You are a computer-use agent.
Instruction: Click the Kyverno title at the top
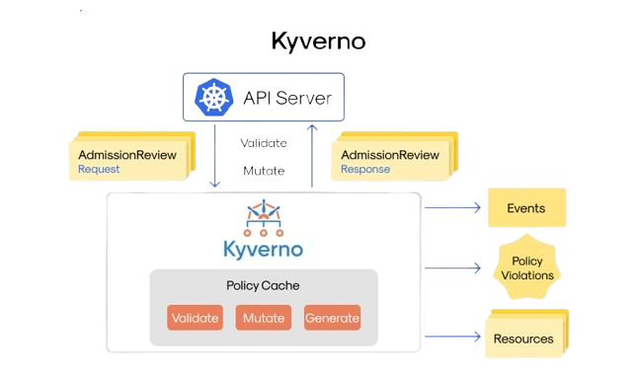pyautogui.click(x=318, y=41)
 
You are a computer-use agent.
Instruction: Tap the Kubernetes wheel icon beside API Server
pyautogui.click(x=213, y=98)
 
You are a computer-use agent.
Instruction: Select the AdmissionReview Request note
pyautogui.click(x=121, y=161)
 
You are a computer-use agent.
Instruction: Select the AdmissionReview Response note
pyautogui.click(x=393, y=161)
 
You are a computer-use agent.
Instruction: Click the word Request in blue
pyautogui.click(x=99, y=170)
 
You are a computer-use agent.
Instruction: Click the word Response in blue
pyautogui.click(x=365, y=170)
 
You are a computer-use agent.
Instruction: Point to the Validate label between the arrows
pyautogui.click(x=265, y=143)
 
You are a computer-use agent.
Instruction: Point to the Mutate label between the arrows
pyautogui.click(x=265, y=170)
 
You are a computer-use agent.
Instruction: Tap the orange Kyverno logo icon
pyautogui.click(x=262, y=216)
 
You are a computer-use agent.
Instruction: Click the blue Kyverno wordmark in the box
pyautogui.click(x=263, y=248)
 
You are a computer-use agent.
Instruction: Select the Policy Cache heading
pyautogui.click(x=263, y=286)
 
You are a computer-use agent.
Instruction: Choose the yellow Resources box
pyautogui.click(x=523, y=339)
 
